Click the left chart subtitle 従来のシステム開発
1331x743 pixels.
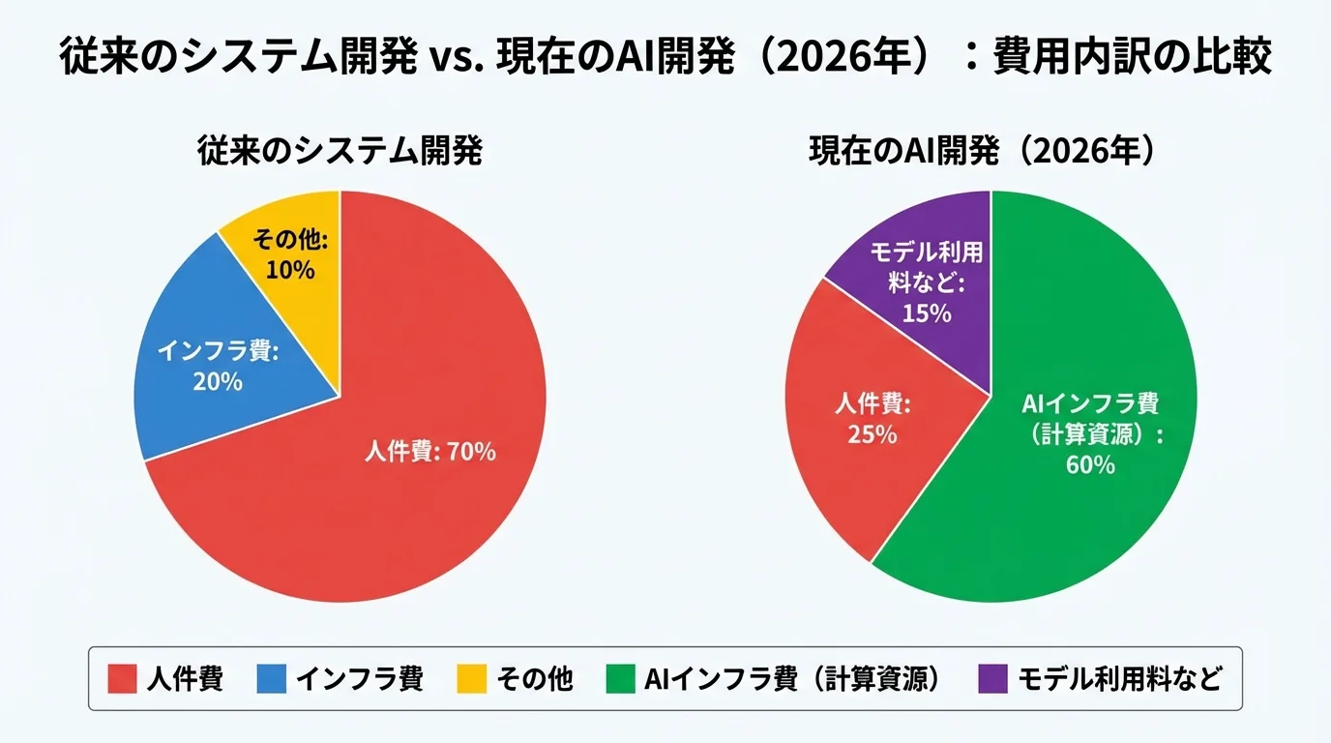(340, 152)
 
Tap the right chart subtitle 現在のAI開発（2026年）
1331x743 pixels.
(991, 152)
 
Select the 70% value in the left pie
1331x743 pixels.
(471, 451)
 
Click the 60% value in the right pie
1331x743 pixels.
(1090, 465)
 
